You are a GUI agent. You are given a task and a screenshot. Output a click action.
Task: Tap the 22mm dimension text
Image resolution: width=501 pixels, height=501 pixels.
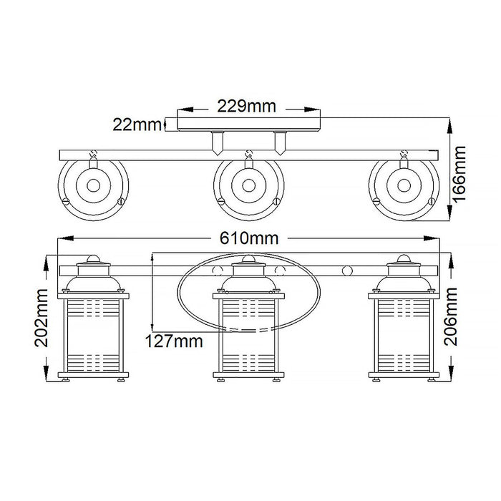[137, 125]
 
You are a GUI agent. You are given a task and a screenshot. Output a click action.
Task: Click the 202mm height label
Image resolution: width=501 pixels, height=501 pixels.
[44, 316]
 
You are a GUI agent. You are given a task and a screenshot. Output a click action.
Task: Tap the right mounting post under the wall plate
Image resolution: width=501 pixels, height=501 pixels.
[279, 143]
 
